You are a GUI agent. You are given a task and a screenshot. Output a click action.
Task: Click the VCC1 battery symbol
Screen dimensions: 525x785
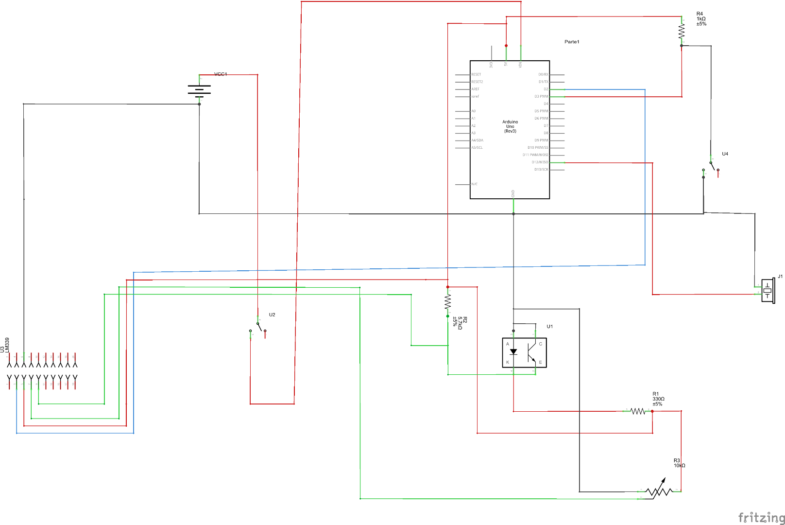tap(199, 90)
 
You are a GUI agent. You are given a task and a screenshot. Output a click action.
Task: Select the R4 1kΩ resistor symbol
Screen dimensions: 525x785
tap(682, 32)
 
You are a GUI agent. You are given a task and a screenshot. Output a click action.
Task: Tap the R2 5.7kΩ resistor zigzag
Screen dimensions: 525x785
tap(448, 302)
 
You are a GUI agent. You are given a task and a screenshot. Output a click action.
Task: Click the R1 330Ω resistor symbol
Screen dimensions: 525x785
tap(638, 411)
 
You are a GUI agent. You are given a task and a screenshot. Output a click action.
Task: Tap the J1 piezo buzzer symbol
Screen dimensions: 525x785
tap(768, 291)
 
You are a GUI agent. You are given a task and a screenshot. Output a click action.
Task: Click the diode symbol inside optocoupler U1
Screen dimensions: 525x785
tap(513, 351)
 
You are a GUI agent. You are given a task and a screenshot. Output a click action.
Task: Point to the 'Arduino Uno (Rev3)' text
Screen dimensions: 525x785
tap(510, 126)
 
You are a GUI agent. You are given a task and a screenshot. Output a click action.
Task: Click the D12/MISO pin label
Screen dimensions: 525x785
tap(540, 162)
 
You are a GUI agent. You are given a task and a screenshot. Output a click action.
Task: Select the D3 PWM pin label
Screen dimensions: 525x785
tap(541, 97)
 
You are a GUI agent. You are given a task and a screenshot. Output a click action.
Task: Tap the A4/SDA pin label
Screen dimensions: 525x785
tap(477, 140)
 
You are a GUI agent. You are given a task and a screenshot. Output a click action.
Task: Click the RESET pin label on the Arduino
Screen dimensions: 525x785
tap(476, 75)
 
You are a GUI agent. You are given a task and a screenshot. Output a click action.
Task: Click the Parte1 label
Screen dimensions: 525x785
tap(572, 42)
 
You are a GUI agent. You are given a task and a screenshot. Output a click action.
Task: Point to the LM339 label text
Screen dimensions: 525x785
tap(7, 345)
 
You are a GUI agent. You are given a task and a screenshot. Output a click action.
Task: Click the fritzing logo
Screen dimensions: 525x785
tap(761, 518)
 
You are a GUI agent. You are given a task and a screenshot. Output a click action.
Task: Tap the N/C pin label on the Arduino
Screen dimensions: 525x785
tap(475, 184)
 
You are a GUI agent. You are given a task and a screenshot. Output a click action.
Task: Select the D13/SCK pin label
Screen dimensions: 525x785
tap(541, 170)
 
